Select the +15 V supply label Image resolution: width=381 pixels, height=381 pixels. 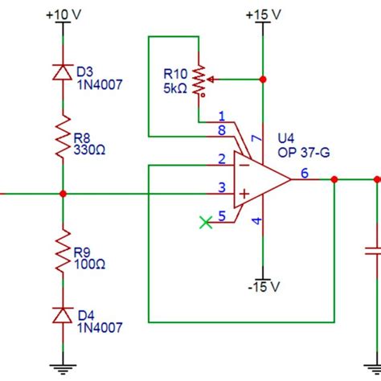(x=264, y=15)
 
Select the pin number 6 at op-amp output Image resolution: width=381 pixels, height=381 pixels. (x=304, y=173)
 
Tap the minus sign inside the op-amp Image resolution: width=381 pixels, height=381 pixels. (x=240, y=166)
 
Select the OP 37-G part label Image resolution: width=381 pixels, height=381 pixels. (x=297, y=151)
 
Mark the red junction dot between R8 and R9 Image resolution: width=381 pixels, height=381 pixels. (x=63, y=194)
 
